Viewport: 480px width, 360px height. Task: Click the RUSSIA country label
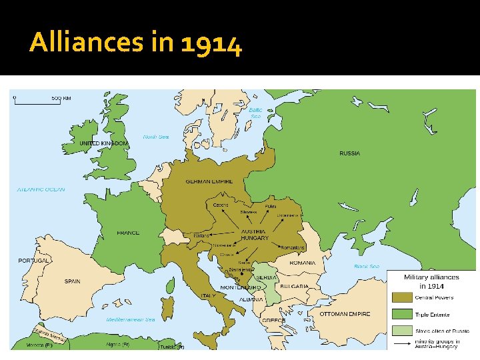349,153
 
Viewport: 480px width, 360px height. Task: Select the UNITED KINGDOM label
103,143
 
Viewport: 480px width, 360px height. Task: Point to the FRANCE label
128,233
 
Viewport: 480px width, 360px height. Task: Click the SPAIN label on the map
72,281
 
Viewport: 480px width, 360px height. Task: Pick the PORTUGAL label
33,260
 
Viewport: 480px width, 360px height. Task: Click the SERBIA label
266,277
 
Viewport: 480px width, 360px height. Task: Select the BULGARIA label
294,286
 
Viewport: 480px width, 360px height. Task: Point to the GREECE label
273,321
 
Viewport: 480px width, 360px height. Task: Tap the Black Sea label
366,266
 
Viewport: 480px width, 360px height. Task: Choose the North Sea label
156,137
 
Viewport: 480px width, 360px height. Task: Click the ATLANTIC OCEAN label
41,189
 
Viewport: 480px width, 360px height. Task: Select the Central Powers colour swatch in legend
401,297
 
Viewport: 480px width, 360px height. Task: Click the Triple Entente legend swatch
401,314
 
